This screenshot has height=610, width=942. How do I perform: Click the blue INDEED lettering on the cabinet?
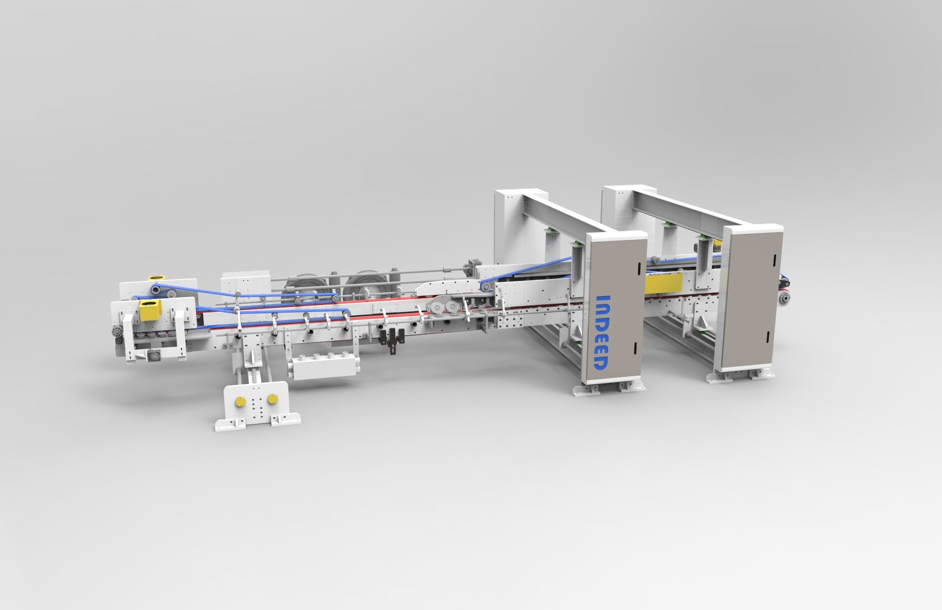[601, 332]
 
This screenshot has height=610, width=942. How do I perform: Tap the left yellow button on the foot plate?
[240, 402]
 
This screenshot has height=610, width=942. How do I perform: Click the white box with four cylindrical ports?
[325, 365]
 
